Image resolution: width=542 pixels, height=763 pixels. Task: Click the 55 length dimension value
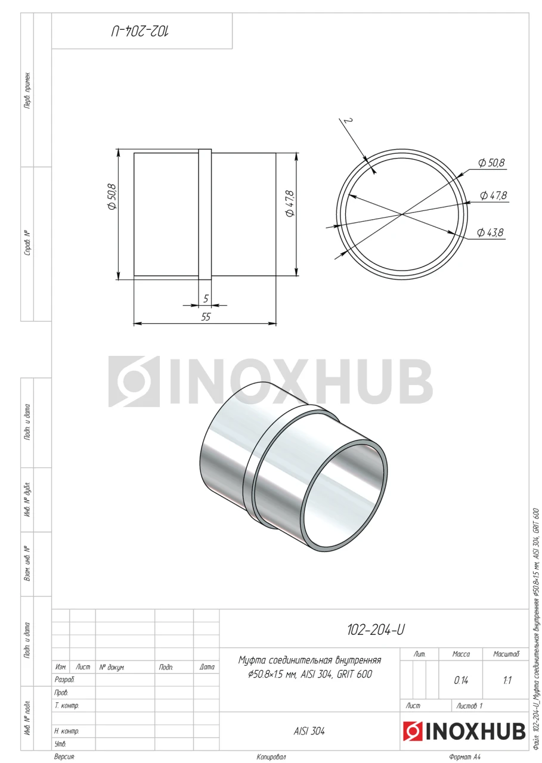[x=206, y=317]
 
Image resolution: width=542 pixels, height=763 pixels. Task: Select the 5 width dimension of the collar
[x=206, y=299]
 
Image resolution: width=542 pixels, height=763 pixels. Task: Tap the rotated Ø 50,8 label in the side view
[x=112, y=197]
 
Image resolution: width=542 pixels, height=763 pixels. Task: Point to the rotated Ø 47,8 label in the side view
[x=290, y=204]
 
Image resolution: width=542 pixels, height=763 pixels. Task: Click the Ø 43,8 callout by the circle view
[x=490, y=232]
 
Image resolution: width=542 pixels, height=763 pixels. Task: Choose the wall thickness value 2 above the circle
[x=348, y=121]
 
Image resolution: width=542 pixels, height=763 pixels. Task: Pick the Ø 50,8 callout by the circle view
[x=491, y=163]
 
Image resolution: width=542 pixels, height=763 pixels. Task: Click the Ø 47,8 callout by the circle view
[x=493, y=196]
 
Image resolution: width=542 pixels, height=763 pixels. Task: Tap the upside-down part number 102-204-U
[x=140, y=31]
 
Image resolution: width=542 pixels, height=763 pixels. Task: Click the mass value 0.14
[x=460, y=681]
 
